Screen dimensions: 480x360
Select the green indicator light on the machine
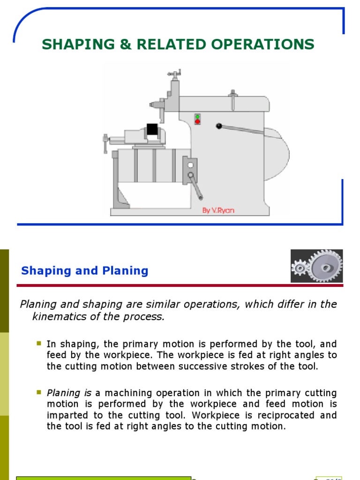click(x=197, y=116)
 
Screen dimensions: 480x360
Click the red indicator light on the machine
click(x=197, y=122)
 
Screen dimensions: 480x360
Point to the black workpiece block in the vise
click(x=152, y=129)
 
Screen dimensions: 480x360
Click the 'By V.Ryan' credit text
click(x=218, y=210)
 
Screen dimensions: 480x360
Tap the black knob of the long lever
click(x=219, y=126)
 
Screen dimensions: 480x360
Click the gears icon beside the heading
click(x=316, y=266)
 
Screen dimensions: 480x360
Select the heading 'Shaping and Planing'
click(x=85, y=271)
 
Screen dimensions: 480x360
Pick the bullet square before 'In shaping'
click(x=39, y=344)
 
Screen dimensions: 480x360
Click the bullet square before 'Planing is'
click(x=39, y=392)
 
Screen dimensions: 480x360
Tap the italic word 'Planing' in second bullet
click(x=62, y=393)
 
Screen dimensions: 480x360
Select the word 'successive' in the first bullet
click(x=214, y=367)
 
